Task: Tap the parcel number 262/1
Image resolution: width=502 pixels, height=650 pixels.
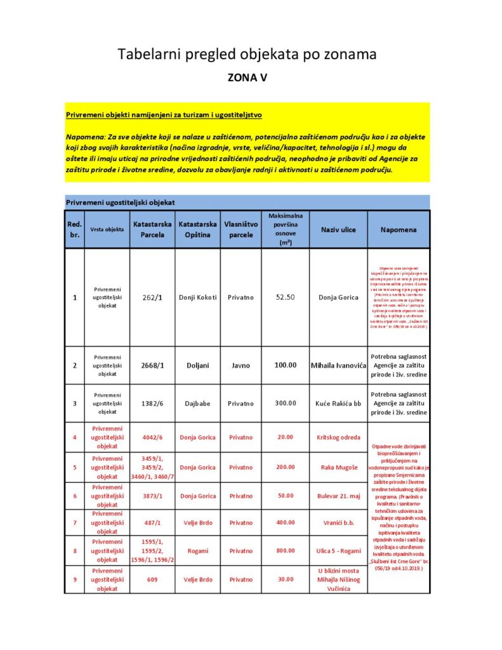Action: pos(152,297)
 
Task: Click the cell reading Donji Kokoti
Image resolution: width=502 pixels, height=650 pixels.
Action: pos(197,297)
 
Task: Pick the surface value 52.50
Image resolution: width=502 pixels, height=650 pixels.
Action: pos(285,297)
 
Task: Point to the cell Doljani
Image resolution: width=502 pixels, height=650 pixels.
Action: pos(197,366)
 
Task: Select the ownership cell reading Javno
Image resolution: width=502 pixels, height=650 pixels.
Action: pos(241,366)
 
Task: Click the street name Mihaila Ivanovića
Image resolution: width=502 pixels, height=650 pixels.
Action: pos(338,366)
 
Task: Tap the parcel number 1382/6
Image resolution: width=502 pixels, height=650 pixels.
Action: pos(152,403)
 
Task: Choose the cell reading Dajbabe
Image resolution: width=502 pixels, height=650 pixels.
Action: pos(197,403)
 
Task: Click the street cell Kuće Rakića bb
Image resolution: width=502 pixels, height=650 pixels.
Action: pos(338,403)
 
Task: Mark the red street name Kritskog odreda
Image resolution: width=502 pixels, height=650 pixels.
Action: pos(338,437)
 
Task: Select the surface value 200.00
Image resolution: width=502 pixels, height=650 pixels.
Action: pos(285,467)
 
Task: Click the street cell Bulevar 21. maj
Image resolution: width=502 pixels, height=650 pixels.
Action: pos(338,496)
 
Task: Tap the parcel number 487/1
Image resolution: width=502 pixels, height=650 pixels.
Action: pos(152,523)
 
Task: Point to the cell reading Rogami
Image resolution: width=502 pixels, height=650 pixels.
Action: pos(197,551)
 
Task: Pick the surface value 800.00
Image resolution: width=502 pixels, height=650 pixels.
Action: pos(285,551)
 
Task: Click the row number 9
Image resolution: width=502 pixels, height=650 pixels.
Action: pos(75,579)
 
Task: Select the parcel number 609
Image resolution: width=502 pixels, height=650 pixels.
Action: pos(152,579)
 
